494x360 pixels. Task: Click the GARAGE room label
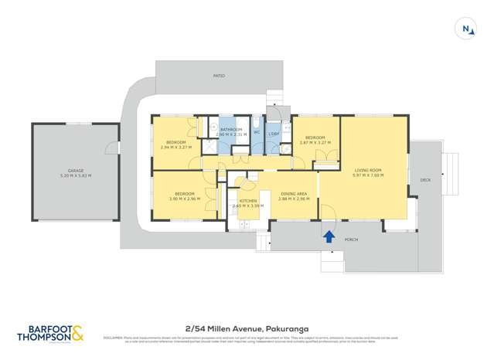[x=75, y=171]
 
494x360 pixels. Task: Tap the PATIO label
[x=220, y=76]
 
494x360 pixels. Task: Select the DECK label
[x=424, y=179]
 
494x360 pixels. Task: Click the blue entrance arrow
[x=329, y=236]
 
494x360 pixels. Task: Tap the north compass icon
[x=467, y=29]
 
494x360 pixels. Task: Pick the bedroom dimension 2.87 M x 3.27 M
[x=315, y=143]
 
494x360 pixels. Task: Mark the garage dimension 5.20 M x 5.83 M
[x=75, y=175]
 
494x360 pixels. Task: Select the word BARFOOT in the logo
[x=43, y=328]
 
